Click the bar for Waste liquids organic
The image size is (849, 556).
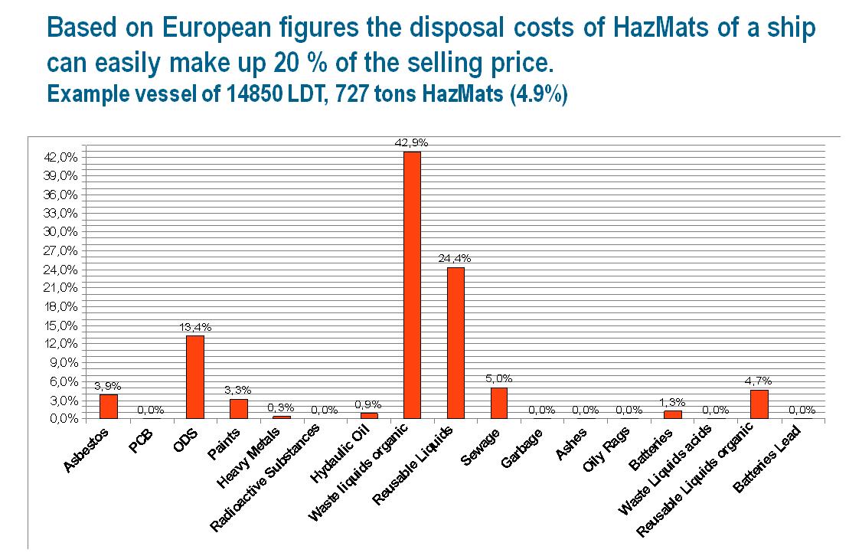pyautogui.click(x=412, y=285)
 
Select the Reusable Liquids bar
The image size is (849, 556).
pyautogui.click(x=456, y=342)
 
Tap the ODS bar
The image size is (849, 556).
pyautogui.click(x=195, y=377)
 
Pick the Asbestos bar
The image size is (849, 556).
pyautogui.click(x=109, y=406)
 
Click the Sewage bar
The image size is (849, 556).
pyautogui.click(x=499, y=403)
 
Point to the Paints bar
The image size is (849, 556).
pyautogui.click(x=239, y=408)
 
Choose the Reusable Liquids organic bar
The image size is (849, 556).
pyautogui.click(x=759, y=404)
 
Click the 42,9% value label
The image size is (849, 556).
pyautogui.click(x=412, y=142)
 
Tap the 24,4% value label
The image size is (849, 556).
pyautogui.click(x=456, y=258)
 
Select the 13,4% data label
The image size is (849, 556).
pyautogui.click(x=195, y=326)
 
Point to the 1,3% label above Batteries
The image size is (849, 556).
pyautogui.click(x=672, y=401)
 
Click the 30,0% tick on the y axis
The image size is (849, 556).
pyautogui.click(x=64, y=231)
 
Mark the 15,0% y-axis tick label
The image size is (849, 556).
pyautogui.click(x=64, y=325)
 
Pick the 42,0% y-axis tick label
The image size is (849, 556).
pyautogui.click(x=64, y=157)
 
